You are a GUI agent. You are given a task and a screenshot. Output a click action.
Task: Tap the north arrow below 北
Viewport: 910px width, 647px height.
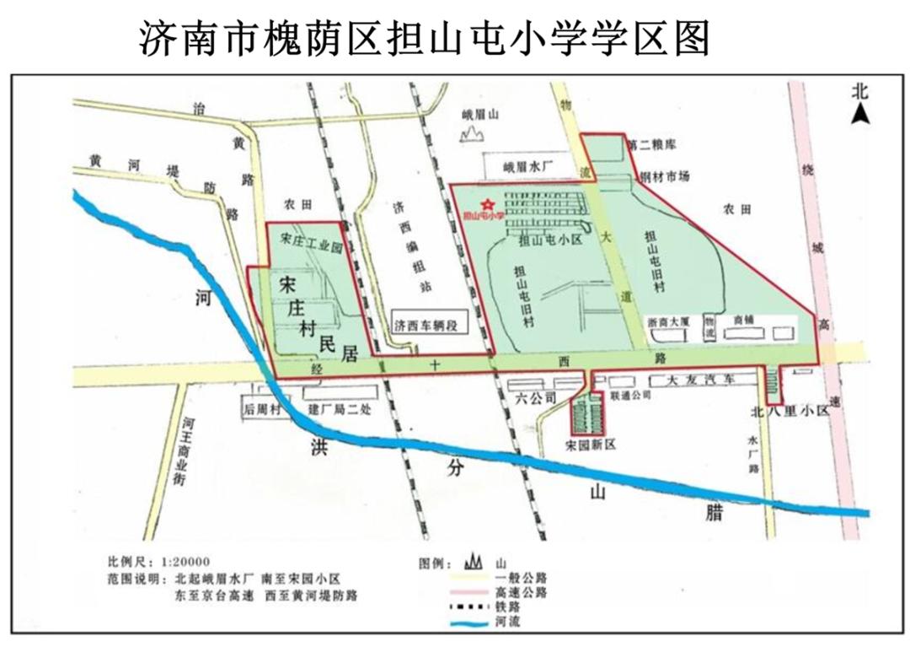(x=859, y=113)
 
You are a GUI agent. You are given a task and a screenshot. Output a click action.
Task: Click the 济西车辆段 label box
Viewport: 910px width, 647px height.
(x=426, y=324)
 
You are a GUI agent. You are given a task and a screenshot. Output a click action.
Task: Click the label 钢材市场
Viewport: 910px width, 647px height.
(x=665, y=176)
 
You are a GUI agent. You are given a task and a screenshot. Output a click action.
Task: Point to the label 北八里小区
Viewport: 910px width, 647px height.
(x=790, y=412)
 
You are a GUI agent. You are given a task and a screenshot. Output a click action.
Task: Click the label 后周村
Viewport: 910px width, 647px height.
(x=260, y=409)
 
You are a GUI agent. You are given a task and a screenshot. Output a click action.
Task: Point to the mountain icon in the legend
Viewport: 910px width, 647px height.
(x=473, y=562)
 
